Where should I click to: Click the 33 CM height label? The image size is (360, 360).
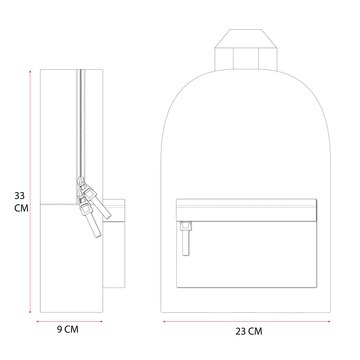tap(21, 202)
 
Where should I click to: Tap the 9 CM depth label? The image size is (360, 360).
tap(68, 329)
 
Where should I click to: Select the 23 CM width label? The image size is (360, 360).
tap(249, 331)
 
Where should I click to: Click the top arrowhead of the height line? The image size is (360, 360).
tap(30, 72)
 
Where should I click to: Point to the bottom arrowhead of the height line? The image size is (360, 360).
tap(30, 312)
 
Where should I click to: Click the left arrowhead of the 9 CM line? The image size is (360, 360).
tap(38, 321)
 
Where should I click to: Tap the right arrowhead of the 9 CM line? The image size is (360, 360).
tap(102, 321)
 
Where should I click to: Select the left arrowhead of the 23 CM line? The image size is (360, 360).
tap(164, 321)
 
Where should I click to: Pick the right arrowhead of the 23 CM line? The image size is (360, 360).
tap(329, 321)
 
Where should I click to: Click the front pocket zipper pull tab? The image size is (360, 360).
tap(185, 239)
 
